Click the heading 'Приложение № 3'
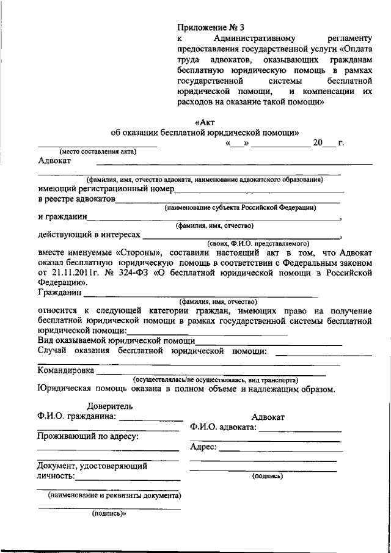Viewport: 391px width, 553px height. pos(210,27)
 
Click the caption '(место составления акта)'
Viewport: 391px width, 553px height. pos(98,152)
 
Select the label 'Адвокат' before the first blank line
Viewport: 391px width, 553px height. pos(54,161)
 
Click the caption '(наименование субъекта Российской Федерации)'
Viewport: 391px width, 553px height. pos(239,208)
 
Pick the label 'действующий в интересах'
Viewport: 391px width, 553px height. pos(89,235)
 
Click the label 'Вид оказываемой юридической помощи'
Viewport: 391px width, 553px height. pos(116,340)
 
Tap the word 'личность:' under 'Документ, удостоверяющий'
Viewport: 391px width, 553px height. pos(56,476)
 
